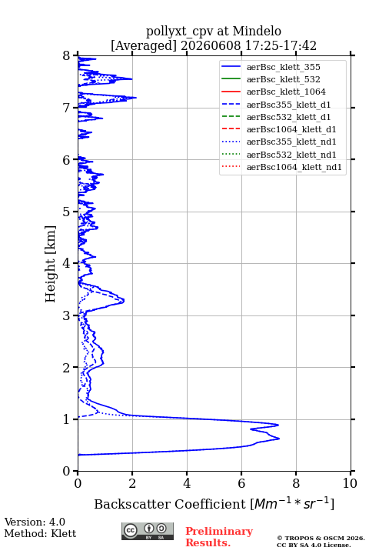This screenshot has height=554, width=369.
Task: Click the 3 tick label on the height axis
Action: (x=66, y=315)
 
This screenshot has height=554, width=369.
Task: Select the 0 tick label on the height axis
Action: (x=66, y=471)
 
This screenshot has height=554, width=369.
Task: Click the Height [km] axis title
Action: (x=51, y=264)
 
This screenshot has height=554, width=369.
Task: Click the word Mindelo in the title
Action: (x=257, y=31)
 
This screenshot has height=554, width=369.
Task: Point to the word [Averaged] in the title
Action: (x=144, y=46)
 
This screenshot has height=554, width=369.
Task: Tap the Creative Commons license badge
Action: (x=148, y=532)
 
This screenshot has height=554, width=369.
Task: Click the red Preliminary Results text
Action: (x=219, y=537)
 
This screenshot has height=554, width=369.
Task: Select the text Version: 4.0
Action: (x=35, y=522)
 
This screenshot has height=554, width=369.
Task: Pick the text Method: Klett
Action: (x=40, y=533)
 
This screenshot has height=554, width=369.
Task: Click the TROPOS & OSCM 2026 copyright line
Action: (x=321, y=538)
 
